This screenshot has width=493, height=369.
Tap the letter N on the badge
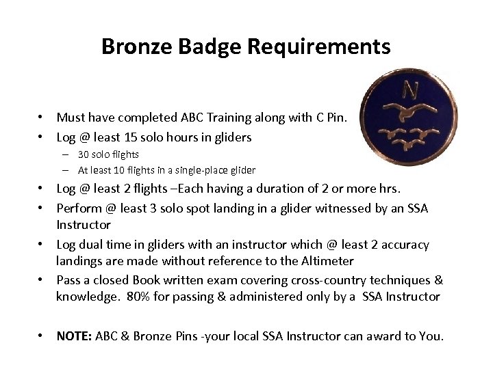click(x=411, y=89)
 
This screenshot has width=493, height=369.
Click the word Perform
click(x=78, y=208)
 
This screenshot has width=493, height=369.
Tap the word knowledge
click(x=86, y=296)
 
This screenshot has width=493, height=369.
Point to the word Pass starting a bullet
click(x=68, y=280)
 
